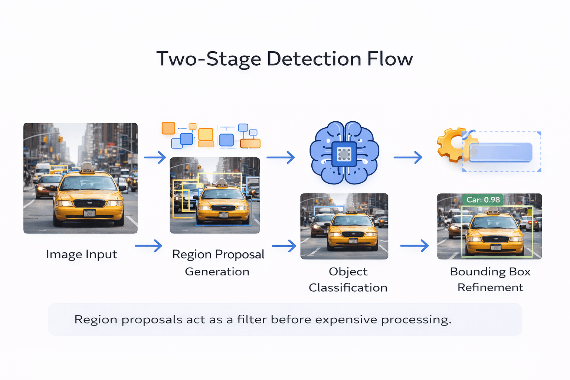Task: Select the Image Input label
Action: [82, 255]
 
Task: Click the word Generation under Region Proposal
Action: [217, 272]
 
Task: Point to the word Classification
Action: [348, 288]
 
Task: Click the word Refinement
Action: [490, 288]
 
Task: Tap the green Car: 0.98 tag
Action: [483, 200]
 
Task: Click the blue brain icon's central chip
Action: [344, 154]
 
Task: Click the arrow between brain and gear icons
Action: [408, 157]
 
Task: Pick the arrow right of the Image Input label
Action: [148, 246]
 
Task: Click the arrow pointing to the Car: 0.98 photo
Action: [415, 246]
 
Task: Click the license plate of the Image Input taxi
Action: [89, 213]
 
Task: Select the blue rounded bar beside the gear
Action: [500, 152]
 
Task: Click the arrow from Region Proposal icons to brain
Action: [281, 157]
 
